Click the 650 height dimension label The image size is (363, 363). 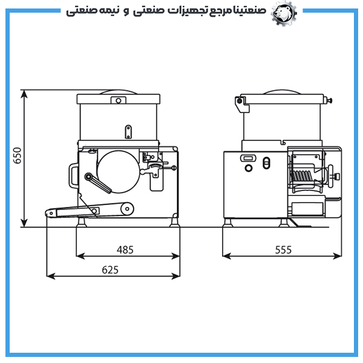[x=18, y=155]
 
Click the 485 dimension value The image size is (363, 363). [x=125, y=250]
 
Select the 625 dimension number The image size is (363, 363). [x=110, y=270]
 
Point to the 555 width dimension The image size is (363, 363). [x=283, y=250]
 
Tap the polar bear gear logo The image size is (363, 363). [x=284, y=13]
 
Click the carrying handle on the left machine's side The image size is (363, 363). [x=73, y=175]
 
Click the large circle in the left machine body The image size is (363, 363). [x=119, y=172]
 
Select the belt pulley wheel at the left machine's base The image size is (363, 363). [x=127, y=209]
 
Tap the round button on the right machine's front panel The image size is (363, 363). [x=249, y=168]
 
